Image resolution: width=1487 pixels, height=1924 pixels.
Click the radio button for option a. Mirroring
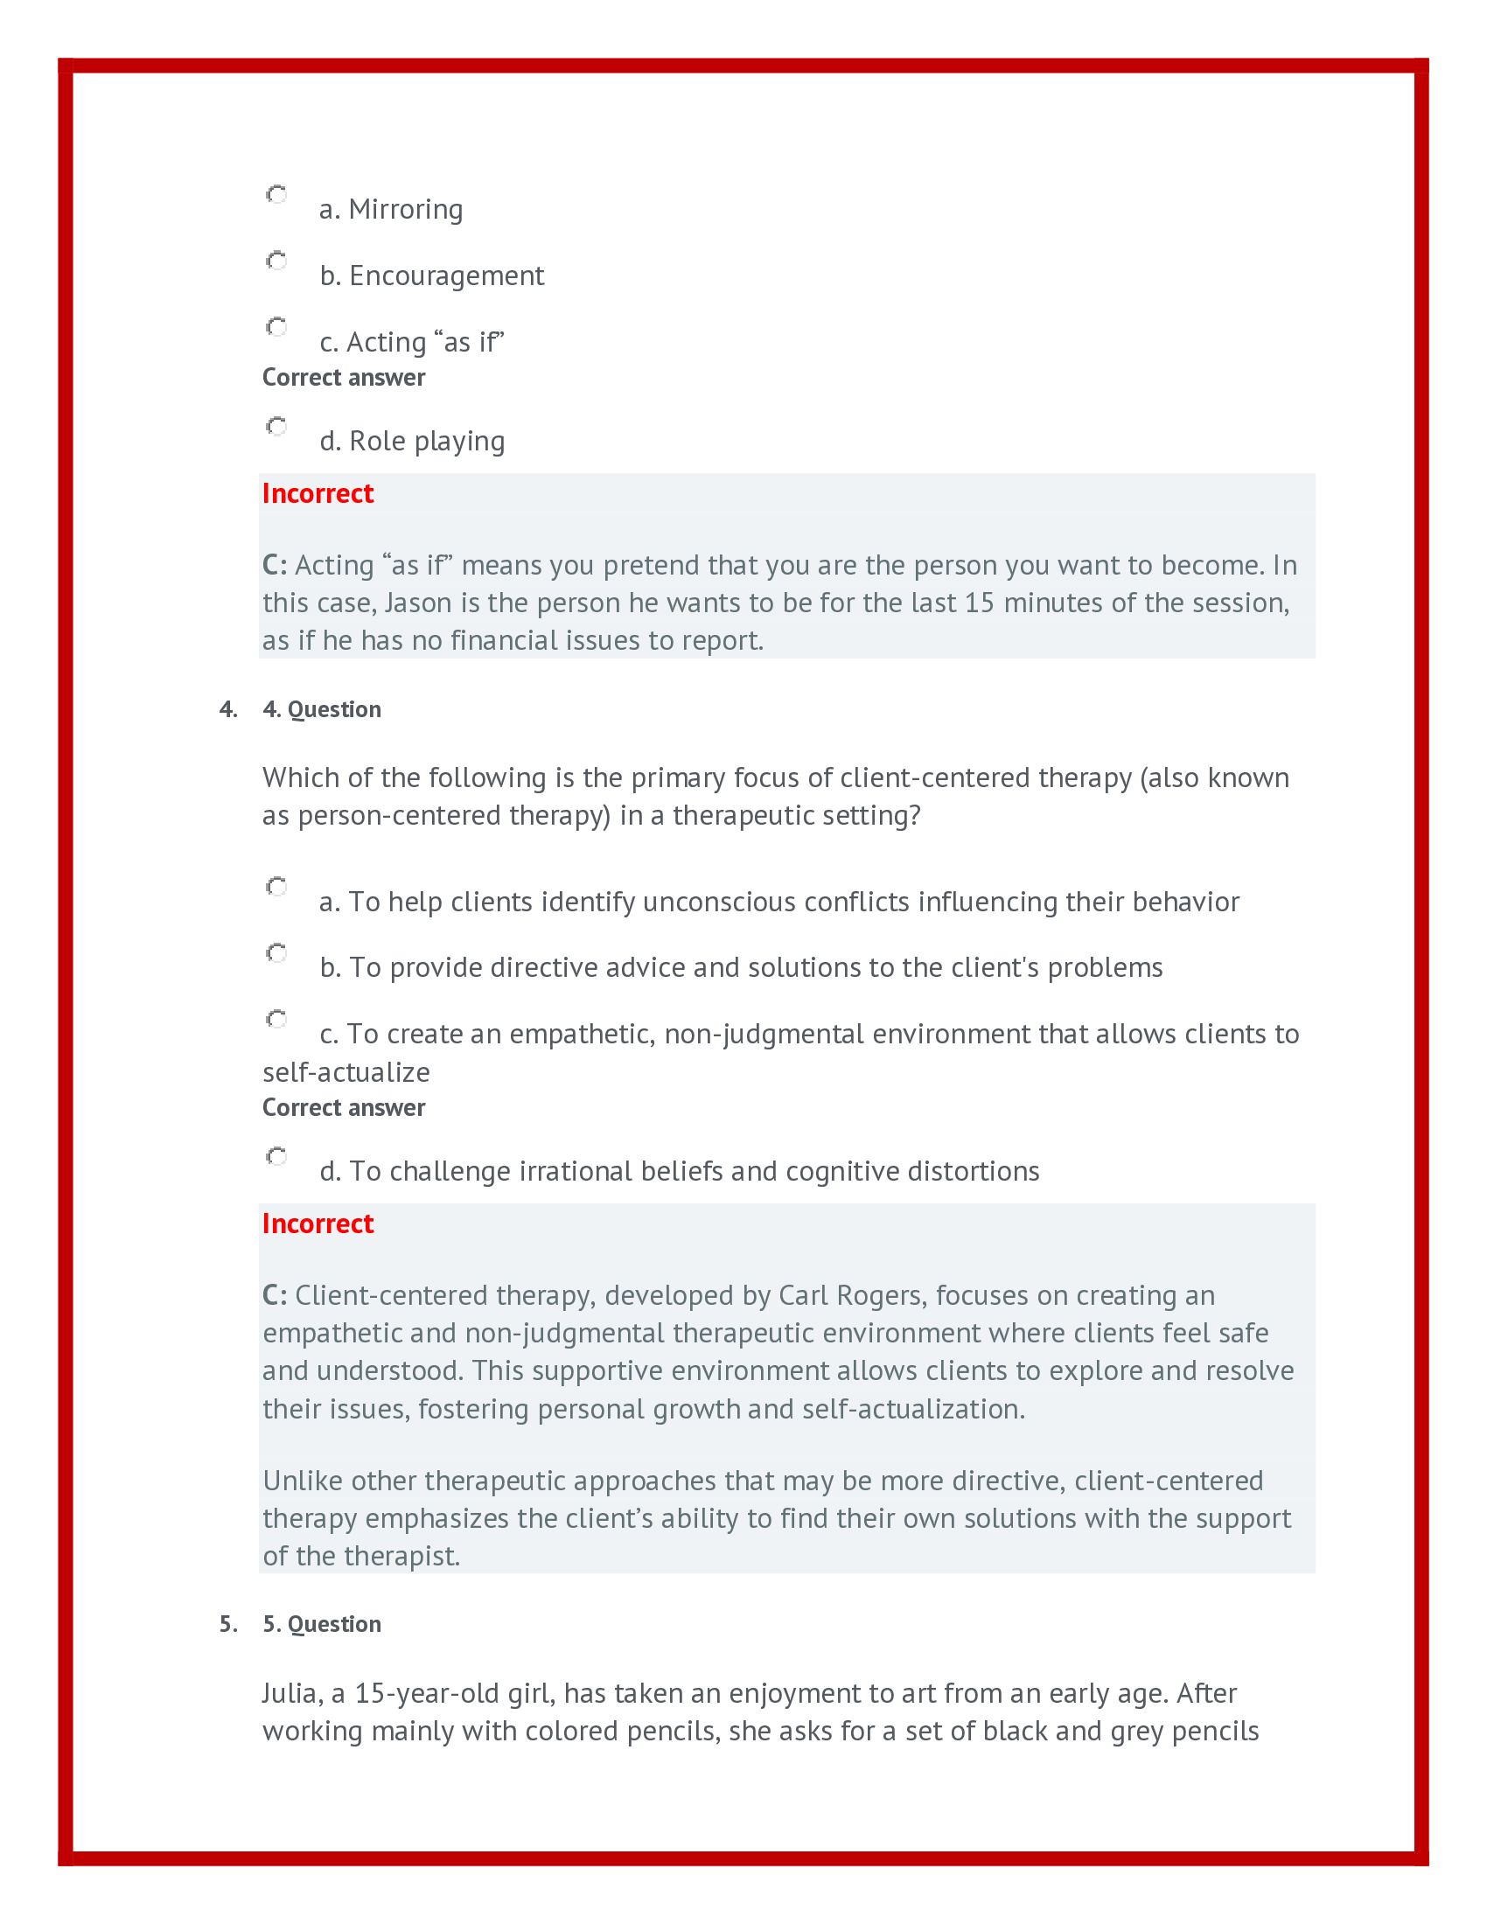click(x=276, y=195)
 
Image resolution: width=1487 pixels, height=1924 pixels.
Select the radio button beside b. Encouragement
click(x=276, y=261)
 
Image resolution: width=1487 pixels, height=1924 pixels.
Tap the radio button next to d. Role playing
click(x=276, y=427)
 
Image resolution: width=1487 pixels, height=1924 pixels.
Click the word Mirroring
click(x=405, y=210)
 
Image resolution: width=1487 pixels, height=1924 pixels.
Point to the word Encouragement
click(x=447, y=275)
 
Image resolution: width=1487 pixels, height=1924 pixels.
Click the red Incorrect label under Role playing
click(x=318, y=493)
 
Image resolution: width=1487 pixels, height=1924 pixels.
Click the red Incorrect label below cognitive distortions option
click(x=318, y=1223)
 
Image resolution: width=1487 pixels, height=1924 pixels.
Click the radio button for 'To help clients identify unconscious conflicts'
click(x=276, y=887)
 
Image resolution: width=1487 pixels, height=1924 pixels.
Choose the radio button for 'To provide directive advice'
click(x=276, y=953)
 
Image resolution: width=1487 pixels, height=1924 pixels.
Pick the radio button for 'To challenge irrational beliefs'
click(x=276, y=1157)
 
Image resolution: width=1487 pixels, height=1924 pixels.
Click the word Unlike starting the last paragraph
click(x=303, y=1481)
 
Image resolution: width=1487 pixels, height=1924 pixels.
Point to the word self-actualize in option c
click(x=346, y=1073)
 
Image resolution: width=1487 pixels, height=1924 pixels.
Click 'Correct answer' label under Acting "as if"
click(x=344, y=378)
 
